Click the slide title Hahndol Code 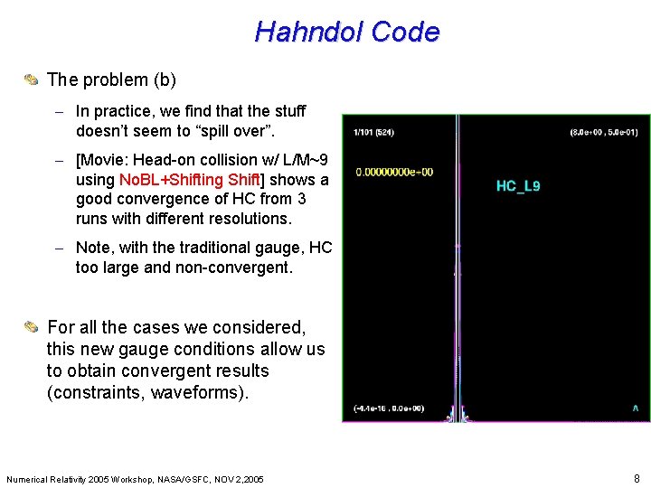(347, 32)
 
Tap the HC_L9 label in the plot (518, 186)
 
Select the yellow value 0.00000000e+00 (394, 172)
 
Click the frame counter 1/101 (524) (374, 132)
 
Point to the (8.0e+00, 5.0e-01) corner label (603, 132)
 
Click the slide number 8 (637, 477)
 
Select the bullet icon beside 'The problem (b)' (31, 80)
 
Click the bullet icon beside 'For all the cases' (31, 327)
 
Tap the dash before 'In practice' (58, 111)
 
